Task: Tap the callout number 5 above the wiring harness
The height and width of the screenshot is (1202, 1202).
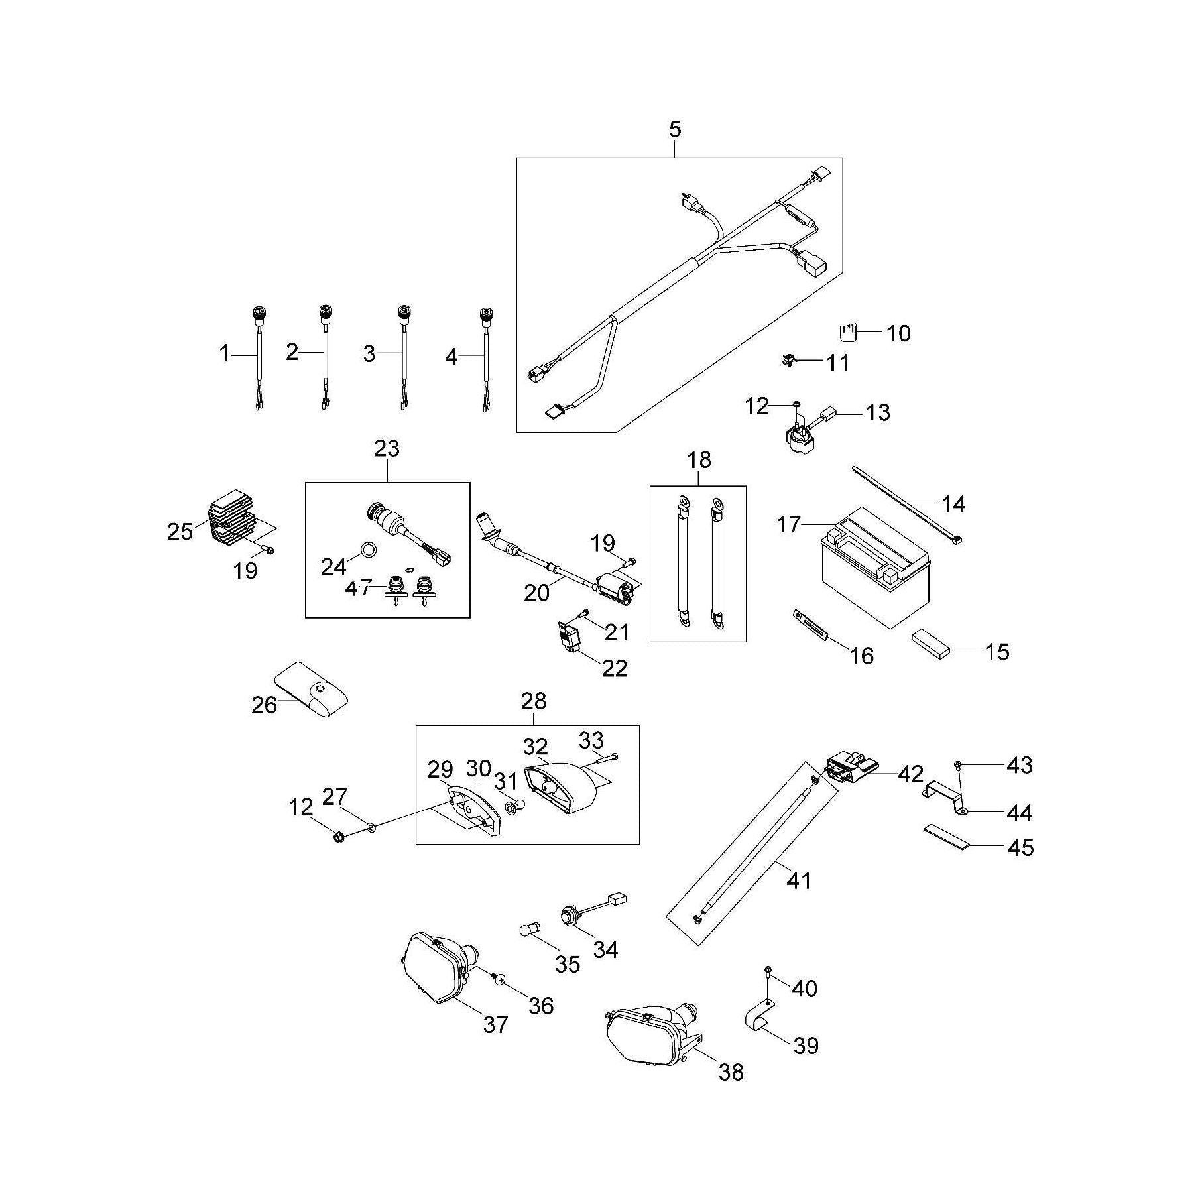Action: point(674,130)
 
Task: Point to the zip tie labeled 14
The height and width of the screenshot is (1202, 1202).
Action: point(908,511)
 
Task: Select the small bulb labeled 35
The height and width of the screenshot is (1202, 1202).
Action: point(529,929)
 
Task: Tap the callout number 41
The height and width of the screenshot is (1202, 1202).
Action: point(798,881)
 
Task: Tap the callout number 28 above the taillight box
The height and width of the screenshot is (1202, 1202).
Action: point(534,700)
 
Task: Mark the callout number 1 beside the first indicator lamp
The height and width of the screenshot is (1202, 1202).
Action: point(225,354)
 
